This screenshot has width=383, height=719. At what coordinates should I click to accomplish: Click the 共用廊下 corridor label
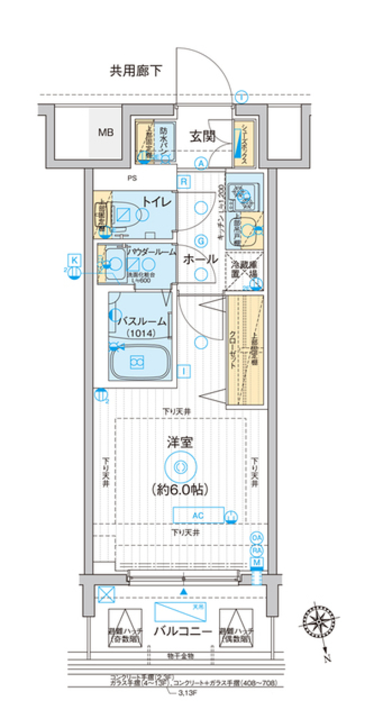(x=136, y=71)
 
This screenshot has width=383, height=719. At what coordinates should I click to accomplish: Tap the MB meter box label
(x=106, y=132)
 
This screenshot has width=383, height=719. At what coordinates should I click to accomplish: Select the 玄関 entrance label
(x=202, y=136)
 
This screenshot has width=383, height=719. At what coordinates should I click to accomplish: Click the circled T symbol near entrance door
(x=241, y=97)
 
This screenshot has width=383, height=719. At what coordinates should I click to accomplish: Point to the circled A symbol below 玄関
(x=201, y=163)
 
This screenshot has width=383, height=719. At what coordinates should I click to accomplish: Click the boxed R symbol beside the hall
(x=184, y=182)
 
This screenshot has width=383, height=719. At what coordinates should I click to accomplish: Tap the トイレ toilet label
(x=157, y=201)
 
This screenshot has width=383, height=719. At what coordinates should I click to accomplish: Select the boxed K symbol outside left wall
(x=75, y=260)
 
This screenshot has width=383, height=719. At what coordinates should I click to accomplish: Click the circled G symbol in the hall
(x=201, y=241)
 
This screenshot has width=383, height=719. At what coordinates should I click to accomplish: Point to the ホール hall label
(x=200, y=259)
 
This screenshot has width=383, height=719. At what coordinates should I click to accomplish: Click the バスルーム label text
(x=142, y=321)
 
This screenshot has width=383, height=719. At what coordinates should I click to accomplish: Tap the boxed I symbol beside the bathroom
(x=184, y=371)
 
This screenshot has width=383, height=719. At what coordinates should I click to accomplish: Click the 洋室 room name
(x=180, y=442)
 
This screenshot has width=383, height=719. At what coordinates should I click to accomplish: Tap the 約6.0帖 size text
(x=180, y=489)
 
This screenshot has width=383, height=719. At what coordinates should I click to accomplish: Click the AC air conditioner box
(x=198, y=515)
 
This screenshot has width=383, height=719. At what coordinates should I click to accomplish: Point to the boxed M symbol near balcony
(x=257, y=563)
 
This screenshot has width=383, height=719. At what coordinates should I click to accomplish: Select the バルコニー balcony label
(x=183, y=631)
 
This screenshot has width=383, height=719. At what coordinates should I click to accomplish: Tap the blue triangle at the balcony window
(x=183, y=592)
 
